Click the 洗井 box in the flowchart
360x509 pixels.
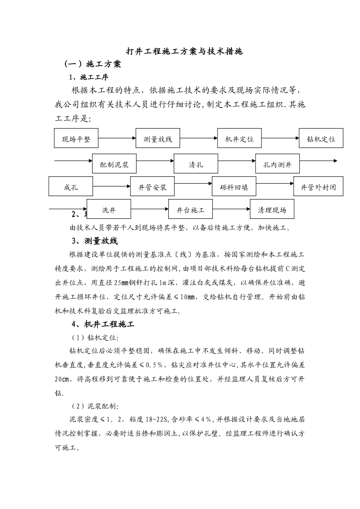[x=109, y=209]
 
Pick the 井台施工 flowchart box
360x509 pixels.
[x=190, y=209]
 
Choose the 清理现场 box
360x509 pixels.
[x=272, y=209]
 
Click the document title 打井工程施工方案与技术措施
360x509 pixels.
[x=184, y=52]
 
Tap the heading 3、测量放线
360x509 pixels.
[x=95, y=241]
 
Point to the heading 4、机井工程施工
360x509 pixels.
[x=103, y=324]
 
